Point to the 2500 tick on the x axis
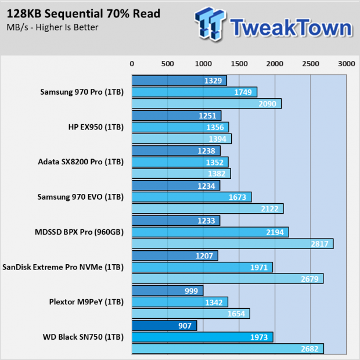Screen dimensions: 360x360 pyautogui.click(x=310, y=64)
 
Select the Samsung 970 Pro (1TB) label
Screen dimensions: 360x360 pyautogui.click(x=82, y=92)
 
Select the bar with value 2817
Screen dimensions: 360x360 pyautogui.click(x=232, y=244)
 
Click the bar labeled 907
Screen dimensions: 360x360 pyautogui.click(x=164, y=326)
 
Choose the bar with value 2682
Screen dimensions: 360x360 pyautogui.click(x=228, y=348)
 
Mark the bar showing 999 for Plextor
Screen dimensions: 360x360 pyautogui.click(x=167, y=290)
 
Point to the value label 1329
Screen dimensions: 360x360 pyautogui.click(x=214, y=81)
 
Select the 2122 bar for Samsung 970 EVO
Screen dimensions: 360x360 pyautogui.click(x=207, y=208)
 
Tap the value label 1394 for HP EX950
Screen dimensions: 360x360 pyautogui.click(x=218, y=139)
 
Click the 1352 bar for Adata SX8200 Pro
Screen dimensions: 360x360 pyautogui.click(x=180, y=162)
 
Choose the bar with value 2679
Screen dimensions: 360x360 pyautogui.click(x=228, y=279)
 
